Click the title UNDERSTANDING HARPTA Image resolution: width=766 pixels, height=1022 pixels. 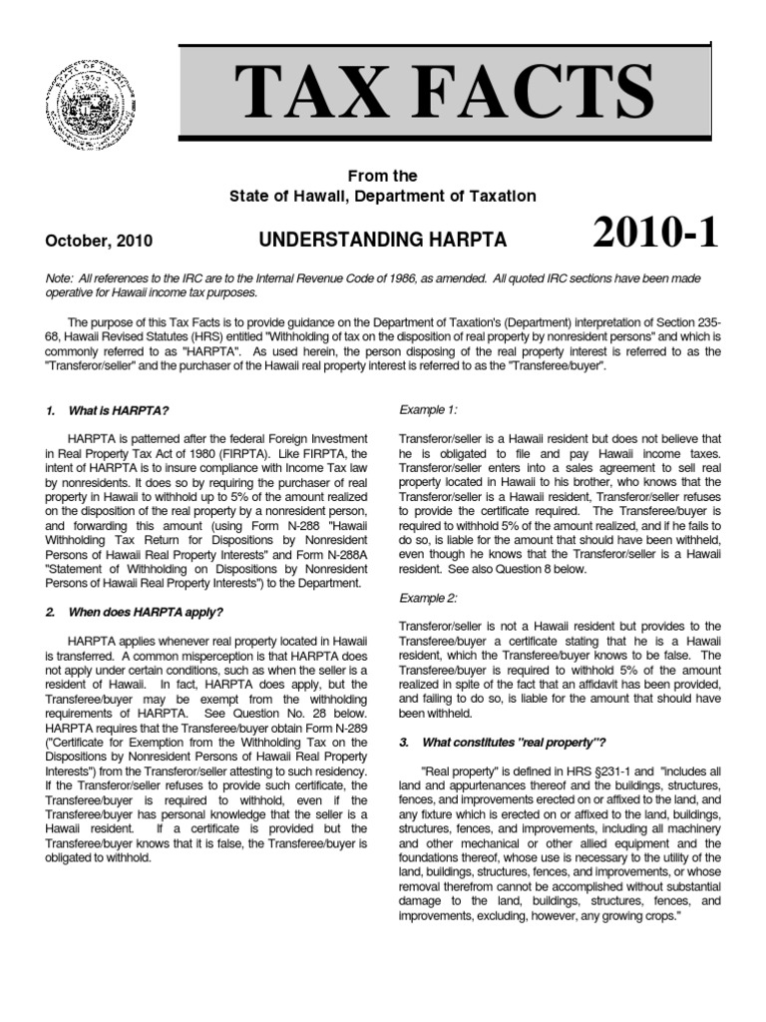(x=383, y=241)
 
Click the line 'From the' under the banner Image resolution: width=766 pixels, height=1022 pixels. (x=383, y=176)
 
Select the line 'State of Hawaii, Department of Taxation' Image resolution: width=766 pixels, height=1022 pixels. (x=383, y=197)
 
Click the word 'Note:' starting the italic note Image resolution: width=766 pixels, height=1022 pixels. (x=62, y=274)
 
